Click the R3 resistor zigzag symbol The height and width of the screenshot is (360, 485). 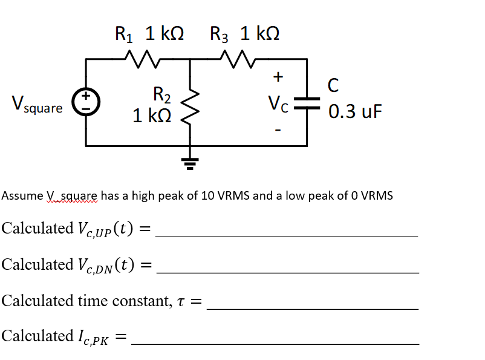click(233, 59)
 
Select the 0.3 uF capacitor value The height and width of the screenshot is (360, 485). click(356, 112)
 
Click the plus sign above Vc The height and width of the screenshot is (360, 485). click(278, 77)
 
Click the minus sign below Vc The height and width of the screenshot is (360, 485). click(278, 128)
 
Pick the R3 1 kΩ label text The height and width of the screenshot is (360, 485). click(244, 33)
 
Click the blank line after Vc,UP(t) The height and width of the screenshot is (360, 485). click(287, 235)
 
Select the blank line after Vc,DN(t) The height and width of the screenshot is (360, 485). click(287, 272)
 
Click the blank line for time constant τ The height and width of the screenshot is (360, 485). click(312, 309)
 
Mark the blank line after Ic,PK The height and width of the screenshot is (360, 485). click(275, 344)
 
